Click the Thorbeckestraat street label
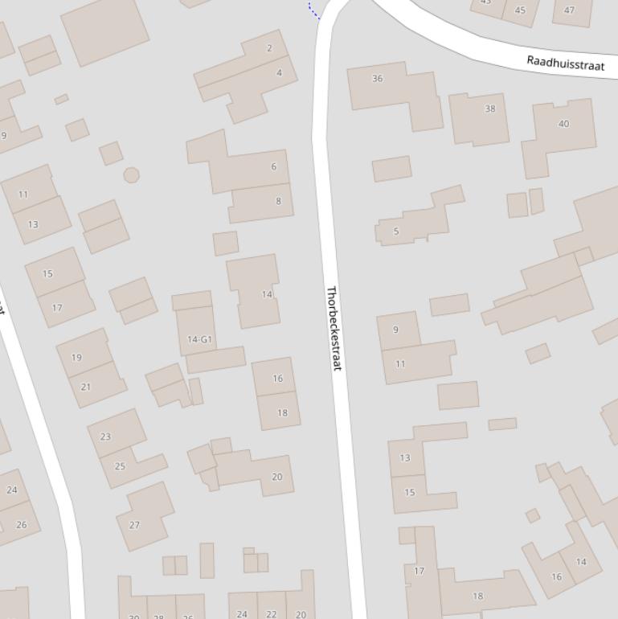[x=334, y=328]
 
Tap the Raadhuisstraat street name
[x=565, y=64]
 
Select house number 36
[x=378, y=79]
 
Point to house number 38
[x=490, y=109]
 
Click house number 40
[x=563, y=124]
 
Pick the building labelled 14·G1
[x=199, y=339]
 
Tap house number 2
[x=269, y=48]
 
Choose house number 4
[x=279, y=73]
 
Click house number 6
[x=273, y=167]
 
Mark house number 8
[x=278, y=201]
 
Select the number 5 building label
[x=396, y=232]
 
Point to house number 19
[x=76, y=358]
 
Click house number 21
[x=86, y=387]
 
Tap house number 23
[x=105, y=437]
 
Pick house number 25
[x=120, y=466]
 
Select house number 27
[x=134, y=525]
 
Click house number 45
[x=520, y=10]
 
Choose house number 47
[x=570, y=10]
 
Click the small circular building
[x=131, y=174]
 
